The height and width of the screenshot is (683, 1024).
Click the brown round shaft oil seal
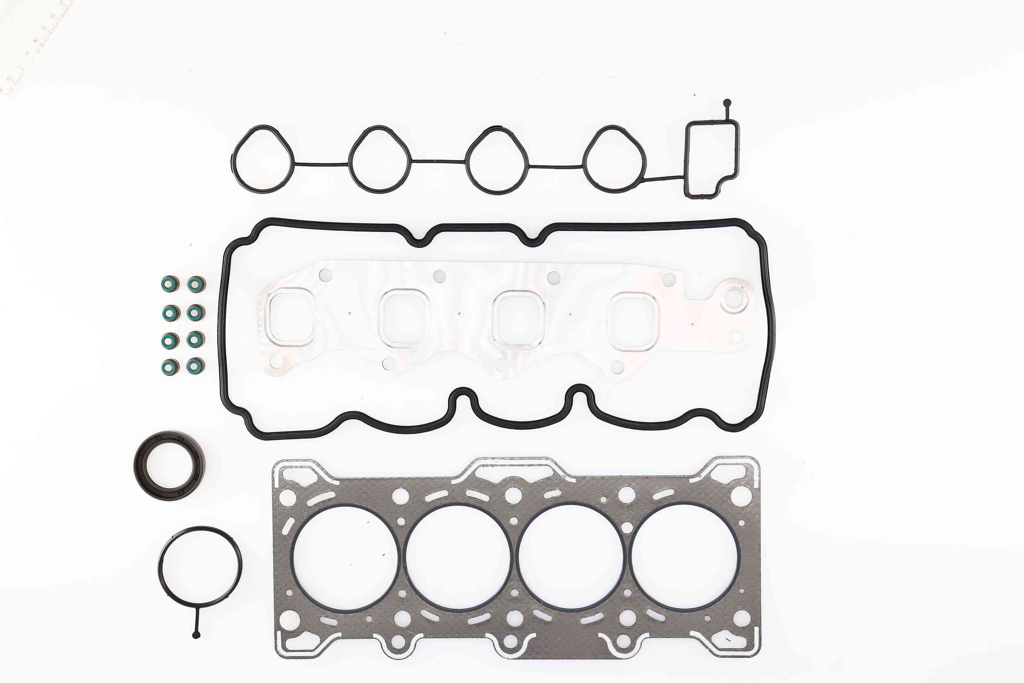[169, 465]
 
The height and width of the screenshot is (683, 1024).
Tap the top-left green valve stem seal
[170, 284]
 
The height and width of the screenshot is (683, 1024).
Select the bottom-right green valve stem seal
[195, 366]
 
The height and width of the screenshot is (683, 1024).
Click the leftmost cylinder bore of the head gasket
[345, 559]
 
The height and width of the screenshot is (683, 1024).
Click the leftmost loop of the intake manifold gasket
[263, 159]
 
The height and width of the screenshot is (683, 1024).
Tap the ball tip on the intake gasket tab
[727, 104]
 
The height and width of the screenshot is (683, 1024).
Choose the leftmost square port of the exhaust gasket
[290, 317]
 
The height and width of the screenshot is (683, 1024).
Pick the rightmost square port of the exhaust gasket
[634, 321]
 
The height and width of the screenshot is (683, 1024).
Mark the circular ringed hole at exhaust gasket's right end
[734, 299]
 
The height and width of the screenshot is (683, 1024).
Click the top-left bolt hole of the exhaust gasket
[325, 275]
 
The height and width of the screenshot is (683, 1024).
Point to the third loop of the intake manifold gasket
[497, 160]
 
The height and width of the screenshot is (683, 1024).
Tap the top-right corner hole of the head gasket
[741, 496]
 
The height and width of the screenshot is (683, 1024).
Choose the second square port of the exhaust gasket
[403, 318]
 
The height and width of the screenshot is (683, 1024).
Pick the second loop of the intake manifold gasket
[380, 159]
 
